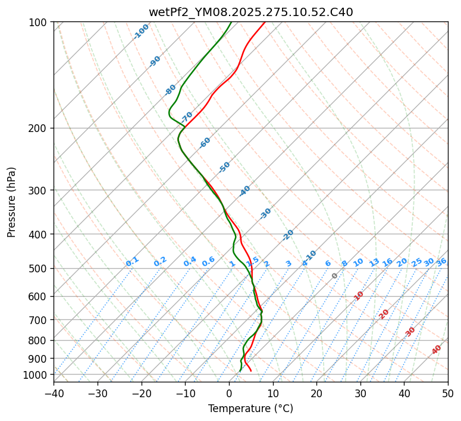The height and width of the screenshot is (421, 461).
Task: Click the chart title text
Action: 250,12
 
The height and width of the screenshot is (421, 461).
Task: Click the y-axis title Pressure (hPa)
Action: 12,202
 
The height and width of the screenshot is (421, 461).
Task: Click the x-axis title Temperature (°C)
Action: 250,409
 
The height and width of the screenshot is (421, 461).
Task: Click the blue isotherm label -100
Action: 141,32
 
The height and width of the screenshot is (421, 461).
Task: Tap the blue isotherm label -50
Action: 224,167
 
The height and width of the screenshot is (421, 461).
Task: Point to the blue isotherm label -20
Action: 288,235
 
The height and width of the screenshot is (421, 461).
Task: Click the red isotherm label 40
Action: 437,350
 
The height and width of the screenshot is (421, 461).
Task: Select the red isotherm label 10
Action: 359,296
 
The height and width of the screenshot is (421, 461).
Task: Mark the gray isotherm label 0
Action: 335,276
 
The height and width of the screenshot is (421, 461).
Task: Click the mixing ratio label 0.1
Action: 132,262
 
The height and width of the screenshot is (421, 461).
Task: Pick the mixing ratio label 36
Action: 441,262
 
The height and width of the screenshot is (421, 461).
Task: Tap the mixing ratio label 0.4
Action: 190,262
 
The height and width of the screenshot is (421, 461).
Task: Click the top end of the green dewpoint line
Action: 231,23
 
